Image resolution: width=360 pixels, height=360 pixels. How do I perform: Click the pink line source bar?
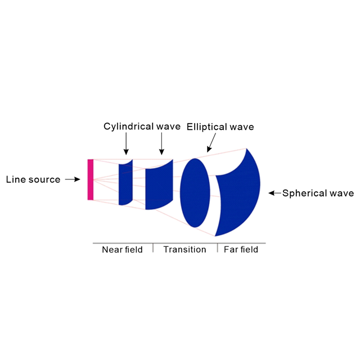pyautogui.click(x=90, y=179)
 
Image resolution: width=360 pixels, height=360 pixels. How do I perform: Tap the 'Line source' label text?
pyautogui.click(x=33, y=180)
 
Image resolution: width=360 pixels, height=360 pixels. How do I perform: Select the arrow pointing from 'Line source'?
pyautogui.click(x=73, y=180)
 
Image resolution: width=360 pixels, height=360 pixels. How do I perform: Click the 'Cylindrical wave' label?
pyautogui.click(x=142, y=127)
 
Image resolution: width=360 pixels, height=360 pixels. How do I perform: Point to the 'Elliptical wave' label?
pyautogui.click(x=220, y=127)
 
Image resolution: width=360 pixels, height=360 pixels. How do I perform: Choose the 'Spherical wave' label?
pyautogui.click(x=318, y=193)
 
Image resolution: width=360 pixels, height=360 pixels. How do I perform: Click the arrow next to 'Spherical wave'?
pyautogui.click(x=274, y=193)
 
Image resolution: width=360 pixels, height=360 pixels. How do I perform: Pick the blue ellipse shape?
pyautogui.click(x=195, y=193)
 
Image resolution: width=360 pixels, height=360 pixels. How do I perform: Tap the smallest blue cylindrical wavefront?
pyautogui.click(x=125, y=182)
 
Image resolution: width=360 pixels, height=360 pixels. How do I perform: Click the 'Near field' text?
pyautogui.click(x=122, y=249)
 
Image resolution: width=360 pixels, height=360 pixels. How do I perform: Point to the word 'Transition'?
pyautogui.click(x=184, y=249)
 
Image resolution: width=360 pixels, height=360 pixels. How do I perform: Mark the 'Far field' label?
pyautogui.click(x=241, y=249)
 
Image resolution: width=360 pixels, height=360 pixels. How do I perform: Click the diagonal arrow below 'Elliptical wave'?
pyautogui.click(x=211, y=145)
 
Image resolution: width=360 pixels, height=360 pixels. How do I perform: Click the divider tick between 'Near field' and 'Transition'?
pyautogui.click(x=153, y=248)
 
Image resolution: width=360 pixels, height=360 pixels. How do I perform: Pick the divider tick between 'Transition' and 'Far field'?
pyautogui.click(x=217, y=248)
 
